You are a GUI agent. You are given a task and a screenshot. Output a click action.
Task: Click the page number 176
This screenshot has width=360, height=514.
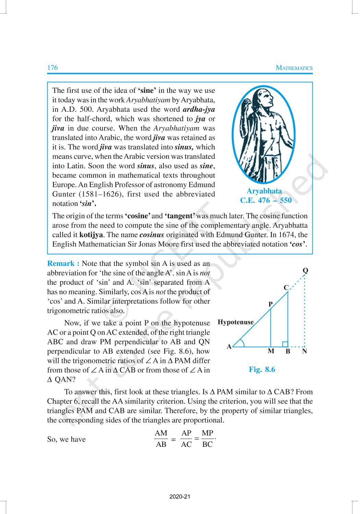52,68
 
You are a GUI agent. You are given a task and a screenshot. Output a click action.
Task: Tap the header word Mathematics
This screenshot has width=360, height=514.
294,68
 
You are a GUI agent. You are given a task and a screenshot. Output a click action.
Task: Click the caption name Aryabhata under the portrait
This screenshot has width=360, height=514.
264,191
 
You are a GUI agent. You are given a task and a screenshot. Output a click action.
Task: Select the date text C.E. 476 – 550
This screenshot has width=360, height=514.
266,200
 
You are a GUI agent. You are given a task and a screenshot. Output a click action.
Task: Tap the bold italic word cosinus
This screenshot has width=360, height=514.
152,235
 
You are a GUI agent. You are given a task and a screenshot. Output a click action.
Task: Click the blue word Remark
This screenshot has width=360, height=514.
63,264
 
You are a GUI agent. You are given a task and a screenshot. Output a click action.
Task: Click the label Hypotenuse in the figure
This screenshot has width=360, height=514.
236,322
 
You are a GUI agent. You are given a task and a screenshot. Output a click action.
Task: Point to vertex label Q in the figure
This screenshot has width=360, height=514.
305,271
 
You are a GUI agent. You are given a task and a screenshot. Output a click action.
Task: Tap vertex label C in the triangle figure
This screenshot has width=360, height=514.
286,288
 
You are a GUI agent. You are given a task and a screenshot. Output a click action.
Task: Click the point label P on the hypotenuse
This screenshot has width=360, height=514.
270,304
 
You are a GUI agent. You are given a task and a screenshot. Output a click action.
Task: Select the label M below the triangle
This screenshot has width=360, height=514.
271,351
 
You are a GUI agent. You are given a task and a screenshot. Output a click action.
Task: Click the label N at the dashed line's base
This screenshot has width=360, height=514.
304,351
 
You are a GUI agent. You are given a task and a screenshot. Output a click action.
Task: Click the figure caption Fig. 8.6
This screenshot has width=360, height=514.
262,369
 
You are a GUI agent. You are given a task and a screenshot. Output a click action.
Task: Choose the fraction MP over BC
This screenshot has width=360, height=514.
207,439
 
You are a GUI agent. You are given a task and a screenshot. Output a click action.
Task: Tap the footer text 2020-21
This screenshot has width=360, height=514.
180,497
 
